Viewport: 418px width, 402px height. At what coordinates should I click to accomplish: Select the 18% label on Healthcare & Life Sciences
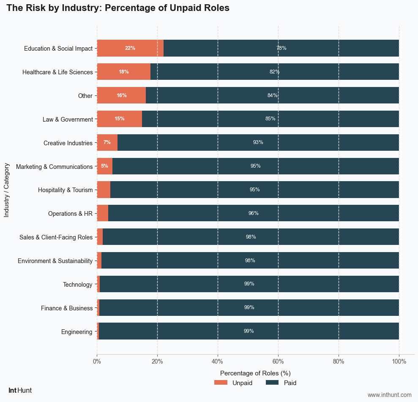124,72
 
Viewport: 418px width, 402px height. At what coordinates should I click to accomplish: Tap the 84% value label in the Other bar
273,95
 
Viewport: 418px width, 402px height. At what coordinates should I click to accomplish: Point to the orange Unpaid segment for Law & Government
120,119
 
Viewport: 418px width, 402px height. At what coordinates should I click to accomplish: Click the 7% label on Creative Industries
107,142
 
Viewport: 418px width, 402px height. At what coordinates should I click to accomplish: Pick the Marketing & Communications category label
54,167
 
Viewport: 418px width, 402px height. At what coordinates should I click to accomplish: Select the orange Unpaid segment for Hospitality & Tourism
104,190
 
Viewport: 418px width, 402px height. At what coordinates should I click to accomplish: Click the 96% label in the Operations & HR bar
254,213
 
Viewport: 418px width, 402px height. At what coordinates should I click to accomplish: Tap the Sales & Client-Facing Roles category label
56,237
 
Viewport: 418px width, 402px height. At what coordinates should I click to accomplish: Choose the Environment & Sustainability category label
55,261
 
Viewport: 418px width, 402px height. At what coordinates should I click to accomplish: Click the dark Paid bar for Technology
249,284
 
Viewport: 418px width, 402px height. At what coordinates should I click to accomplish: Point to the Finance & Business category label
67,308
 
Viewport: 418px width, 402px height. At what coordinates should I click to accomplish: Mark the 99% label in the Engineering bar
249,331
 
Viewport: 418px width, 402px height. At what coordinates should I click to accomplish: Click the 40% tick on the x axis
218,361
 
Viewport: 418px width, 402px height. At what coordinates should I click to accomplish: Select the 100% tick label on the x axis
399,361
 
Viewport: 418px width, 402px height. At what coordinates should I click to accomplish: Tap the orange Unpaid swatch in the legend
221,383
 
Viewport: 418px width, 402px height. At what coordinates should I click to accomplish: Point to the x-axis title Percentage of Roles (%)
255,373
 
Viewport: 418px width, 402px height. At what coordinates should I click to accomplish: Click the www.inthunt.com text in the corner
389,395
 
